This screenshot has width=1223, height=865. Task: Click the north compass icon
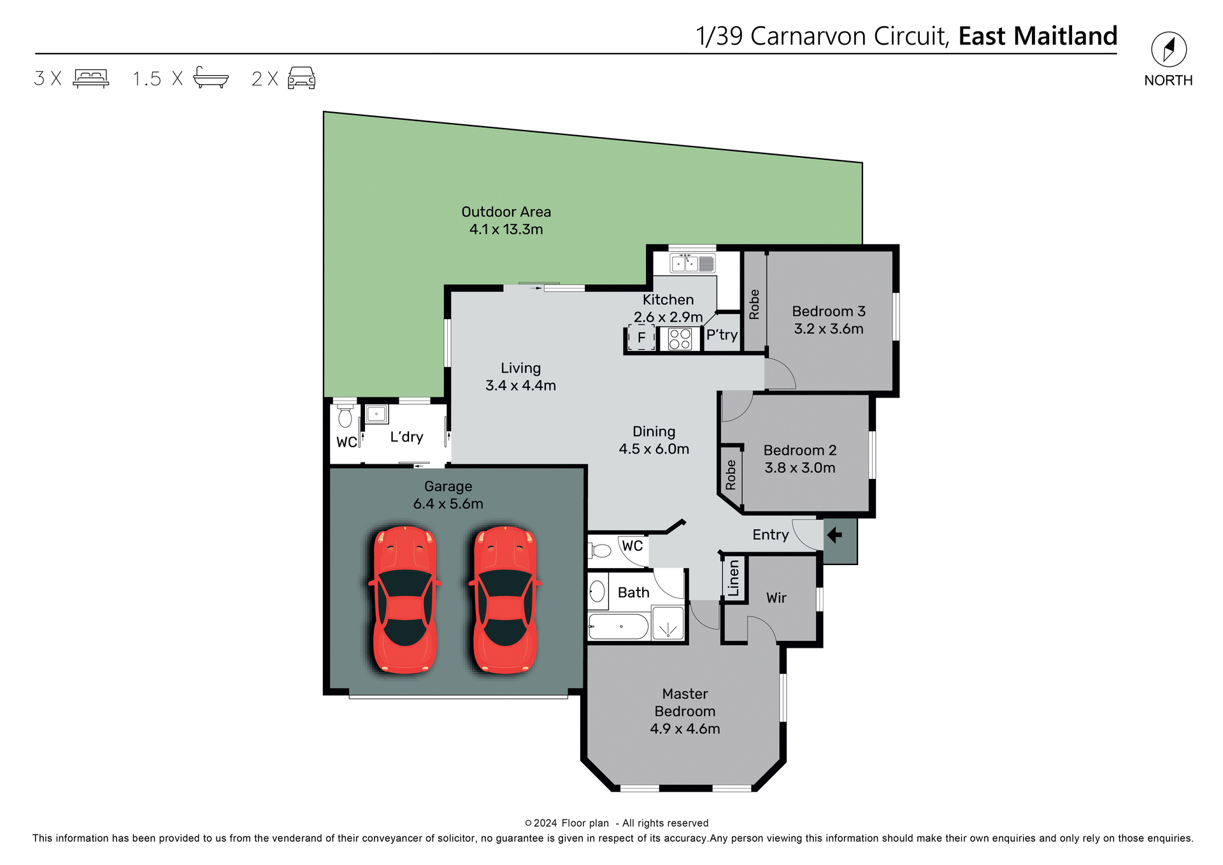[x=1168, y=50]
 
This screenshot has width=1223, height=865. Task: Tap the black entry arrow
[x=834, y=536]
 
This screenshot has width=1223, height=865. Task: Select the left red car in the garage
[x=405, y=599]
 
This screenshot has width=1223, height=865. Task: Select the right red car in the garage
[x=505, y=599]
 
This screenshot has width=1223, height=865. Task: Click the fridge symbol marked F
[x=641, y=338]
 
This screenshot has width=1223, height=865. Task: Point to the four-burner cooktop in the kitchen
[x=680, y=338]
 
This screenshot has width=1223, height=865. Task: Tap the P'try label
[x=722, y=335]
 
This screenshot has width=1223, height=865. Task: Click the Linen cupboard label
[x=734, y=578]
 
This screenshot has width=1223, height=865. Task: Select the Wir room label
[x=776, y=598]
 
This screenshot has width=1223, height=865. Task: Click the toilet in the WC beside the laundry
[x=345, y=417]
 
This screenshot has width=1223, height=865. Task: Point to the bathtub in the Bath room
[x=617, y=627]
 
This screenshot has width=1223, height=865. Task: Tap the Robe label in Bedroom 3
[x=755, y=304]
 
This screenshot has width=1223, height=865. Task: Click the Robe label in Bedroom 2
[x=731, y=475]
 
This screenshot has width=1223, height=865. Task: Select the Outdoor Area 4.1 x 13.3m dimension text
[x=506, y=229]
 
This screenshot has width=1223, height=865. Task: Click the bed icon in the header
[x=91, y=78]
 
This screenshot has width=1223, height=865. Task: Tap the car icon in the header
[x=301, y=78]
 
